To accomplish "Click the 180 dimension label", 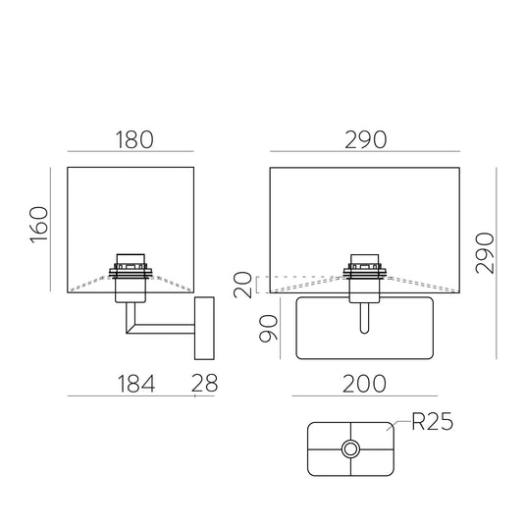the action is (x=134, y=139).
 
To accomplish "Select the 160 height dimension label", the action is (x=39, y=225).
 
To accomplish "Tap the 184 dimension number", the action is (x=136, y=384).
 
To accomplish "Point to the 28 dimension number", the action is (x=204, y=383).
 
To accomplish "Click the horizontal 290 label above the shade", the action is (x=366, y=139).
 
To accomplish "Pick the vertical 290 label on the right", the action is (x=485, y=253).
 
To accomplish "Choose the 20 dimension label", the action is (x=242, y=285).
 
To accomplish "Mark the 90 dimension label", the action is (x=269, y=328).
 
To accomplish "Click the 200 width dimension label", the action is (x=365, y=384).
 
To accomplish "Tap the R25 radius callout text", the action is (x=432, y=421).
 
